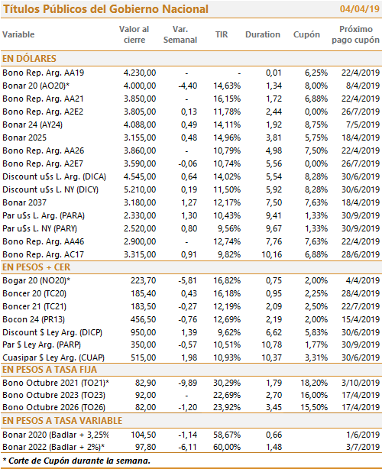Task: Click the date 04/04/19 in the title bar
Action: point(360,9)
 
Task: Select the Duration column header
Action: point(263,34)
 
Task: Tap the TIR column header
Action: point(222,34)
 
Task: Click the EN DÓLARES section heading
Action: point(29,58)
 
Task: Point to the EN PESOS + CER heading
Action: point(36,267)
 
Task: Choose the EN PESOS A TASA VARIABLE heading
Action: point(62,421)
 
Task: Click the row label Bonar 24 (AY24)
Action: point(32,125)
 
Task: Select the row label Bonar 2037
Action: point(24,202)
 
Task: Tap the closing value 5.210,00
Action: point(140,189)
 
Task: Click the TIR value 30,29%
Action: point(227,383)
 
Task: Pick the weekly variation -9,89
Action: point(187,383)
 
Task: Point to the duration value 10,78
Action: point(272,344)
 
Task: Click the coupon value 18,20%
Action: point(314,383)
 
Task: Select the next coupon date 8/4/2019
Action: point(363,86)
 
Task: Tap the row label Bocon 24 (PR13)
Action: point(34,319)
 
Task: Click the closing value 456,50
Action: point(143,319)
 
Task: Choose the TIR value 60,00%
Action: point(227,447)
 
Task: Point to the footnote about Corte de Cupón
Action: point(76,461)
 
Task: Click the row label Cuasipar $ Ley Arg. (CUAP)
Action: point(53,357)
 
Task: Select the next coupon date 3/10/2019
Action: point(361,383)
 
